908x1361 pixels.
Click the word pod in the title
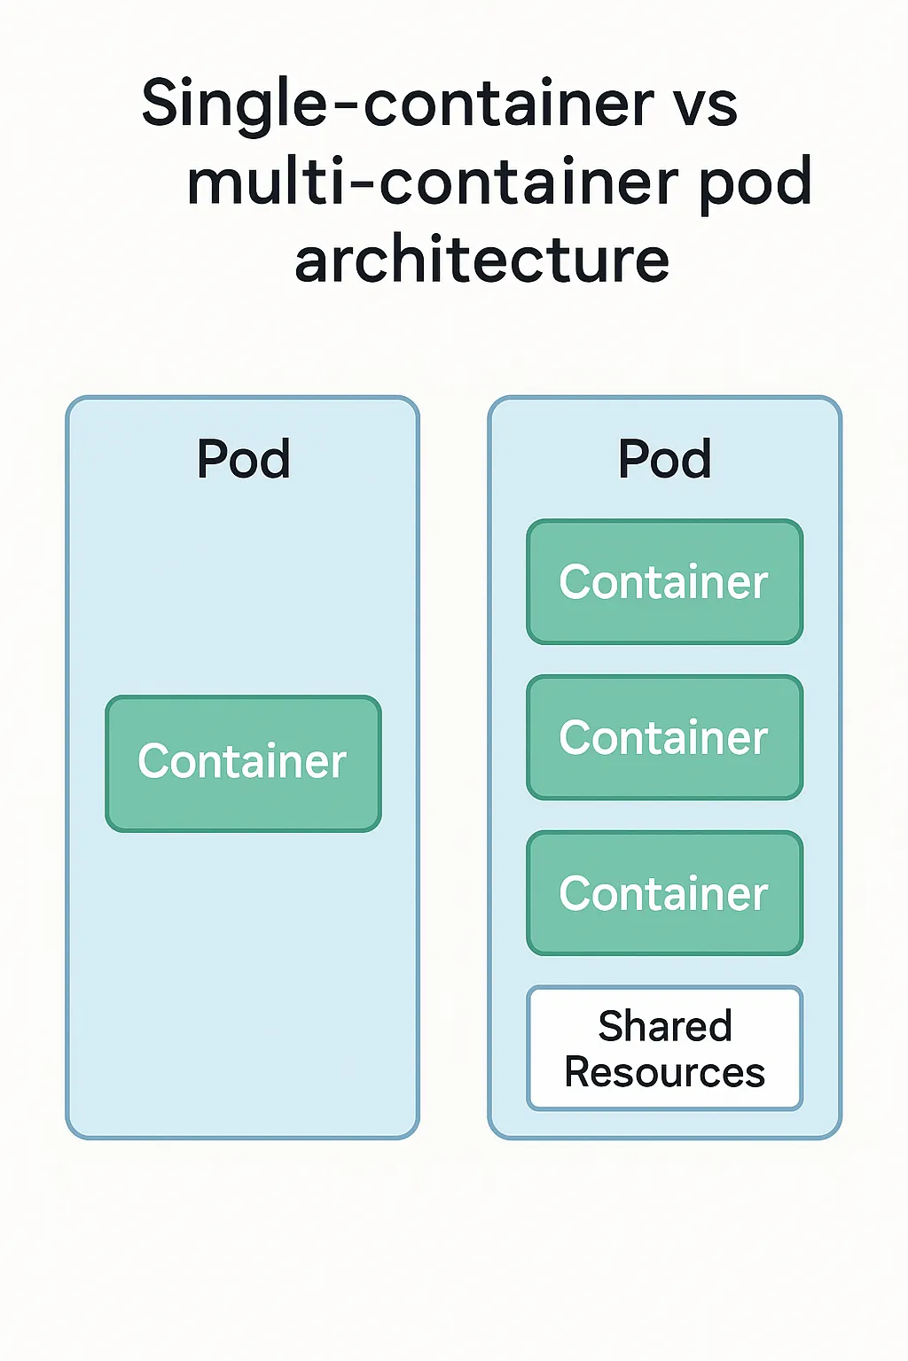point(755,182)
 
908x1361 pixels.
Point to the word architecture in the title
point(481,261)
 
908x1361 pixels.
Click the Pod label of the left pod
point(243,459)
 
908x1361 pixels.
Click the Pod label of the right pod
point(665,459)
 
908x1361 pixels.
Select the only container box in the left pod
point(243,763)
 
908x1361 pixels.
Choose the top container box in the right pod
point(665,582)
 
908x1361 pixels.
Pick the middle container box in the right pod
point(665,738)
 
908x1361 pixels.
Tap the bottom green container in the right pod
point(665,893)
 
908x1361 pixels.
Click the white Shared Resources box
point(665,1048)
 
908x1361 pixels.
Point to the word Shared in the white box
point(665,1026)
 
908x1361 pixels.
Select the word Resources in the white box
point(665,1072)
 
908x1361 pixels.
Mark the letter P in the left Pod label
point(213,459)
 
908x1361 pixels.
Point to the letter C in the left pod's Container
point(154,761)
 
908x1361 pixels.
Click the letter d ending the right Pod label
point(696,459)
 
